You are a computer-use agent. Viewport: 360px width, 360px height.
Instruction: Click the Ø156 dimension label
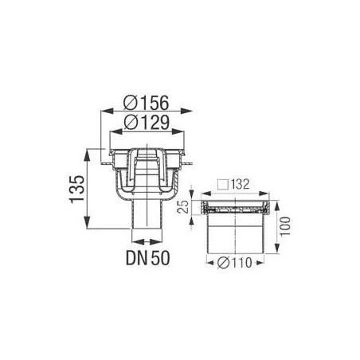point(147,103)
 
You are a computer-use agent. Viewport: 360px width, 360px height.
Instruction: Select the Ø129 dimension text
point(147,123)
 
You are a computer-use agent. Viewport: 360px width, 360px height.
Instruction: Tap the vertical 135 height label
point(77,189)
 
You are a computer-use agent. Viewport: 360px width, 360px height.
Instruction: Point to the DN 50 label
point(147,257)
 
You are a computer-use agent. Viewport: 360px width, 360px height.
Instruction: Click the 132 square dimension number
point(240,185)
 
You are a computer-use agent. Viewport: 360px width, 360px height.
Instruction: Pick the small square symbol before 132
point(223,185)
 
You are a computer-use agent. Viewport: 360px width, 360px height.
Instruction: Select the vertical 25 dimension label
point(183,207)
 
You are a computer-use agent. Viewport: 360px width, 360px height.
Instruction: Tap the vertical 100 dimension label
point(285,226)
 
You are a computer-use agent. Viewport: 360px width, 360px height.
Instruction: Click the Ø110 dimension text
point(234,263)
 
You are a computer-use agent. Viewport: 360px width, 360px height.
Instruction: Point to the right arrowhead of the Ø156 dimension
point(186,112)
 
